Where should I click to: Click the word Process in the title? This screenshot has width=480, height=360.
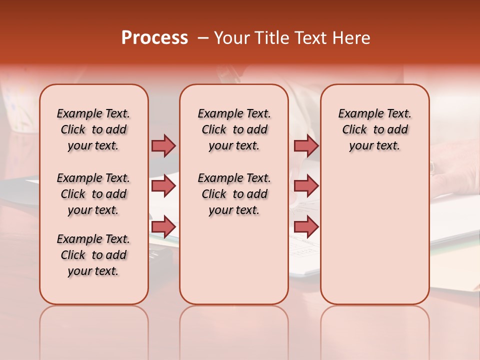click(x=154, y=37)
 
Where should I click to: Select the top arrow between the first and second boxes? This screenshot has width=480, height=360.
click(x=163, y=145)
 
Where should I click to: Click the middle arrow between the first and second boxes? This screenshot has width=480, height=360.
click(x=163, y=186)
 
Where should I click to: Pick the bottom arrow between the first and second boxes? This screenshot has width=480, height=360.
click(x=163, y=226)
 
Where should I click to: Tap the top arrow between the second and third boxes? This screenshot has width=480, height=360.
click(x=306, y=145)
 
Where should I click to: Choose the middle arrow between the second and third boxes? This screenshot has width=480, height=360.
click(x=306, y=186)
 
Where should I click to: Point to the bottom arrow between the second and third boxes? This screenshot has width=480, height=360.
click(x=306, y=226)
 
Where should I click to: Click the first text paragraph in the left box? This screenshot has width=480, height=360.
click(x=93, y=129)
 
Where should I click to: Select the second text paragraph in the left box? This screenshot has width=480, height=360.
click(x=93, y=194)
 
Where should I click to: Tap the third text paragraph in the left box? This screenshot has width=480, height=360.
click(x=93, y=255)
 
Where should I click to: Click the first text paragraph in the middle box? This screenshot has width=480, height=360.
click(x=234, y=129)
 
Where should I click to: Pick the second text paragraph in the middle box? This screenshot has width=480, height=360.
click(x=234, y=194)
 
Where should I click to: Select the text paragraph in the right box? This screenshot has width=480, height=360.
click(x=374, y=129)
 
